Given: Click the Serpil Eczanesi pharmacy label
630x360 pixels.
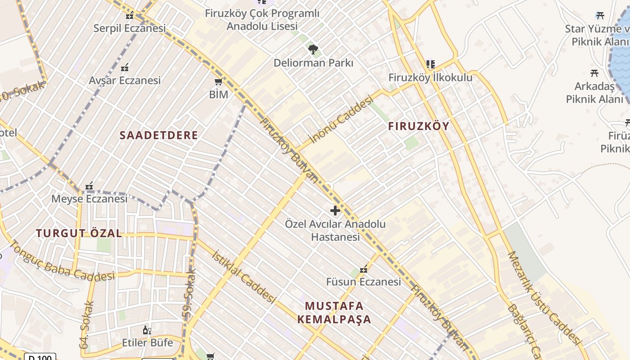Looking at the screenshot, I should pyautogui.click(x=130, y=28).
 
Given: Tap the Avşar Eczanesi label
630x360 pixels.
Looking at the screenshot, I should pyautogui.click(x=125, y=81).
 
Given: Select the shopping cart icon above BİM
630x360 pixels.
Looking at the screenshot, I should pyautogui.click(x=219, y=81).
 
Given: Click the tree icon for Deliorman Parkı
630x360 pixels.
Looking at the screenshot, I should pyautogui.click(x=313, y=49).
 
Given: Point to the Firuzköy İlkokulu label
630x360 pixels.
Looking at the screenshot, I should pyautogui.click(x=430, y=77).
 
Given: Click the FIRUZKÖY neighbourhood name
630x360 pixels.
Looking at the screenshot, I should pyautogui.click(x=418, y=126).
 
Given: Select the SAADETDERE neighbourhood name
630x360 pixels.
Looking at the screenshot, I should pyautogui.click(x=158, y=135).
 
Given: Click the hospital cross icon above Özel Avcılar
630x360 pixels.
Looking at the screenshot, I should pyautogui.click(x=335, y=210).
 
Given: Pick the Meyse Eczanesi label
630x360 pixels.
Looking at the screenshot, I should pyautogui.click(x=89, y=198).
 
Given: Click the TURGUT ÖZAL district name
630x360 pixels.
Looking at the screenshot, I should pyautogui.click(x=79, y=233).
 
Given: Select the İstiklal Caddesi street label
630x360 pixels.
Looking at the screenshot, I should pyautogui.click(x=243, y=276).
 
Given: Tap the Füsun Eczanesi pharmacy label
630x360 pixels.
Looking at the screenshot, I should pyautogui.click(x=363, y=282).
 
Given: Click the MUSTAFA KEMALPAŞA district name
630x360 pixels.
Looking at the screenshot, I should pyautogui.click(x=334, y=313).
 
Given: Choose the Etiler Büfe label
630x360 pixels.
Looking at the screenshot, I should pyautogui.click(x=147, y=342).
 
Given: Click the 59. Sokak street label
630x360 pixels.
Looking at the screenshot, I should pyautogui.click(x=190, y=295).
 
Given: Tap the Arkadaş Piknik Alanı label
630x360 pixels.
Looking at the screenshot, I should pyautogui.click(x=594, y=92).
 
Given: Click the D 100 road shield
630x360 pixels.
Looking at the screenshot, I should pyautogui.click(x=40, y=357).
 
